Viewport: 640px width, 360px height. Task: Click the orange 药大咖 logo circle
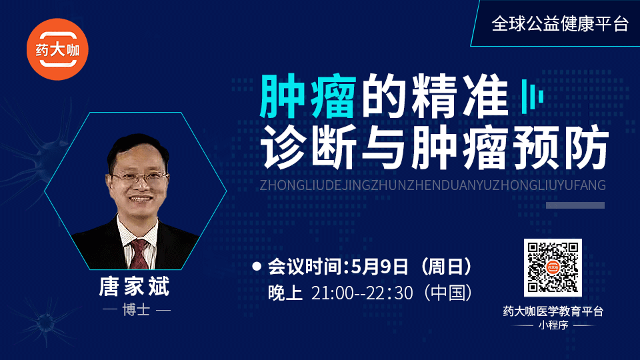(x=57, y=49)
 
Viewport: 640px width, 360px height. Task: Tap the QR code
(x=553, y=268)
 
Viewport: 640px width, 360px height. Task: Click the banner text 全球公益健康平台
(x=560, y=24)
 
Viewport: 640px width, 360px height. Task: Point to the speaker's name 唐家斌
(x=134, y=286)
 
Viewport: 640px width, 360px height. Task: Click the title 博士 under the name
(x=136, y=310)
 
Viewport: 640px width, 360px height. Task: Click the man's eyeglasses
(x=139, y=177)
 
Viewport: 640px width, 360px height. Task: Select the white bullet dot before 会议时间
(x=257, y=267)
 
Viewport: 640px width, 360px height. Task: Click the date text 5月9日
(x=379, y=267)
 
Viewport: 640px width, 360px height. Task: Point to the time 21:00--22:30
(x=362, y=293)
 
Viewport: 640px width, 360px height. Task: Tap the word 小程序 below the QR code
(x=553, y=325)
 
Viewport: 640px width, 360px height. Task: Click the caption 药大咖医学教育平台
(x=553, y=311)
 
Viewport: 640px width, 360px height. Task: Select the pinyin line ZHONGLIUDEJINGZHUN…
(x=433, y=185)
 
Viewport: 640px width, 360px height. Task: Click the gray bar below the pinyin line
(x=575, y=205)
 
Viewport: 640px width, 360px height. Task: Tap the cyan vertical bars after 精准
(x=532, y=97)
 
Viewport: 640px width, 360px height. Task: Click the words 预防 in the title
(x=561, y=147)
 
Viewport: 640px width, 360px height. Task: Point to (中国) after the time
(x=448, y=293)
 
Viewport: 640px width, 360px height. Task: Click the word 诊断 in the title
(x=309, y=147)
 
